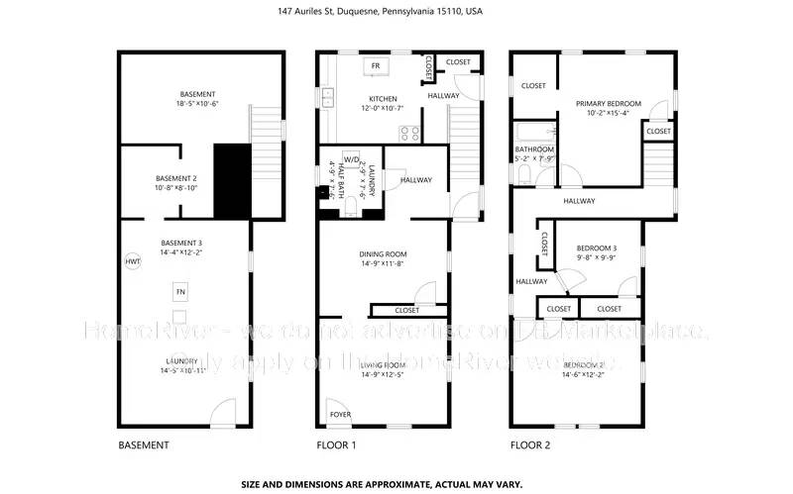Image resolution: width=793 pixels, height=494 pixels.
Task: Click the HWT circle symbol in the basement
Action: point(133,262)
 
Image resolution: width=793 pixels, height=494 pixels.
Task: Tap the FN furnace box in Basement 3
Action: point(180,293)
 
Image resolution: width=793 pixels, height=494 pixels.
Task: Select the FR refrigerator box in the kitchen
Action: point(376,66)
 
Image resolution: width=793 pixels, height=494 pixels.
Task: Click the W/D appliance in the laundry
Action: point(351,159)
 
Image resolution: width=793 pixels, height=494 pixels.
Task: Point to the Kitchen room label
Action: point(383,99)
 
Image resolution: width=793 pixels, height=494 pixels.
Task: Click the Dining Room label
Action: point(383,254)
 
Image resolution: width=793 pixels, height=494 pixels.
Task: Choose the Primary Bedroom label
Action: point(609,103)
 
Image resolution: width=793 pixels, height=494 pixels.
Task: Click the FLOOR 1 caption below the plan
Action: point(336,445)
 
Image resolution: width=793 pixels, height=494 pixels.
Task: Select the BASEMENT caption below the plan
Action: point(144,445)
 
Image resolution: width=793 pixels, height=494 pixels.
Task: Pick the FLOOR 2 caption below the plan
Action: point(530,445)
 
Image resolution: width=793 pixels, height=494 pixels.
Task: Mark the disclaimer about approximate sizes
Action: point(396,484)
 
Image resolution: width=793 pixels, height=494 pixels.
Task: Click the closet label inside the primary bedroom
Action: point(658,131)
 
